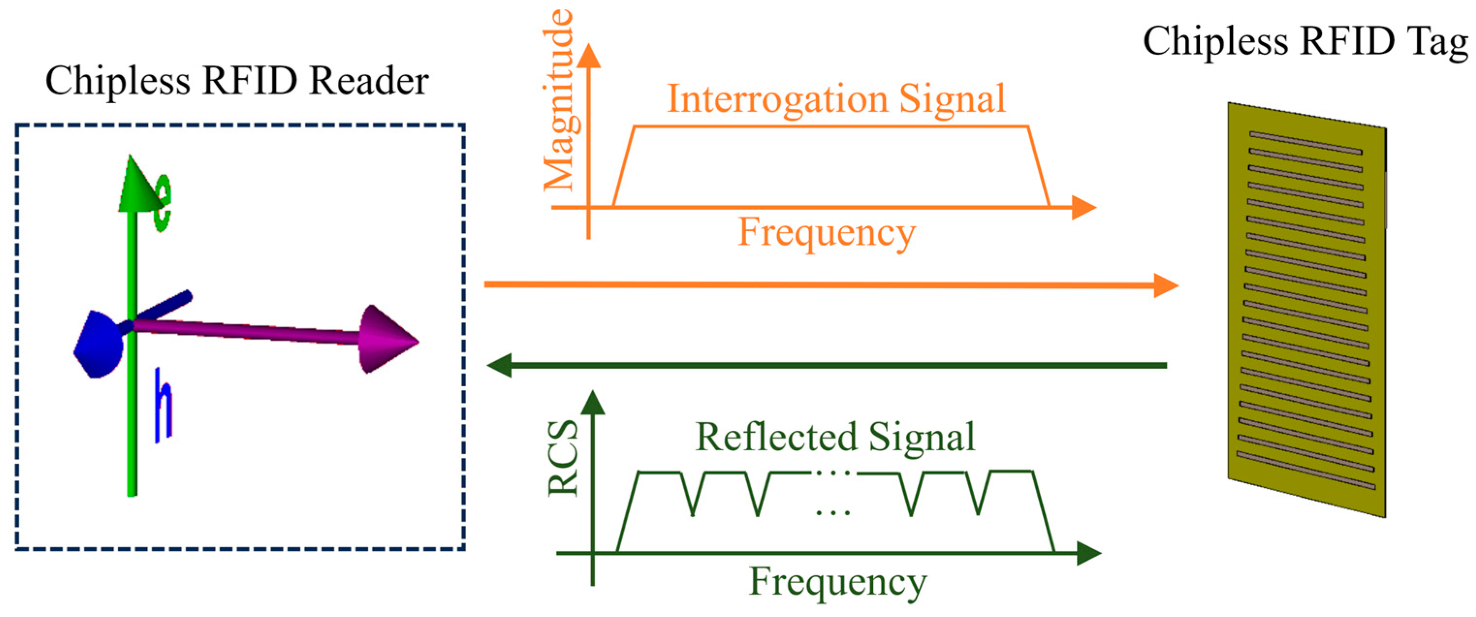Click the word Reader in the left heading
coord(368,81)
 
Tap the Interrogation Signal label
coord(836,99)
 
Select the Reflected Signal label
coord(835,437)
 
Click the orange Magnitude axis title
coord(559,100)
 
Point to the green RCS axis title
coord(563,459)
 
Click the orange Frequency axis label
coord(827,233)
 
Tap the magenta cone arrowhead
coord(387,339)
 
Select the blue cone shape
coord(98,344)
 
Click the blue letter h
coord(163,406)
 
